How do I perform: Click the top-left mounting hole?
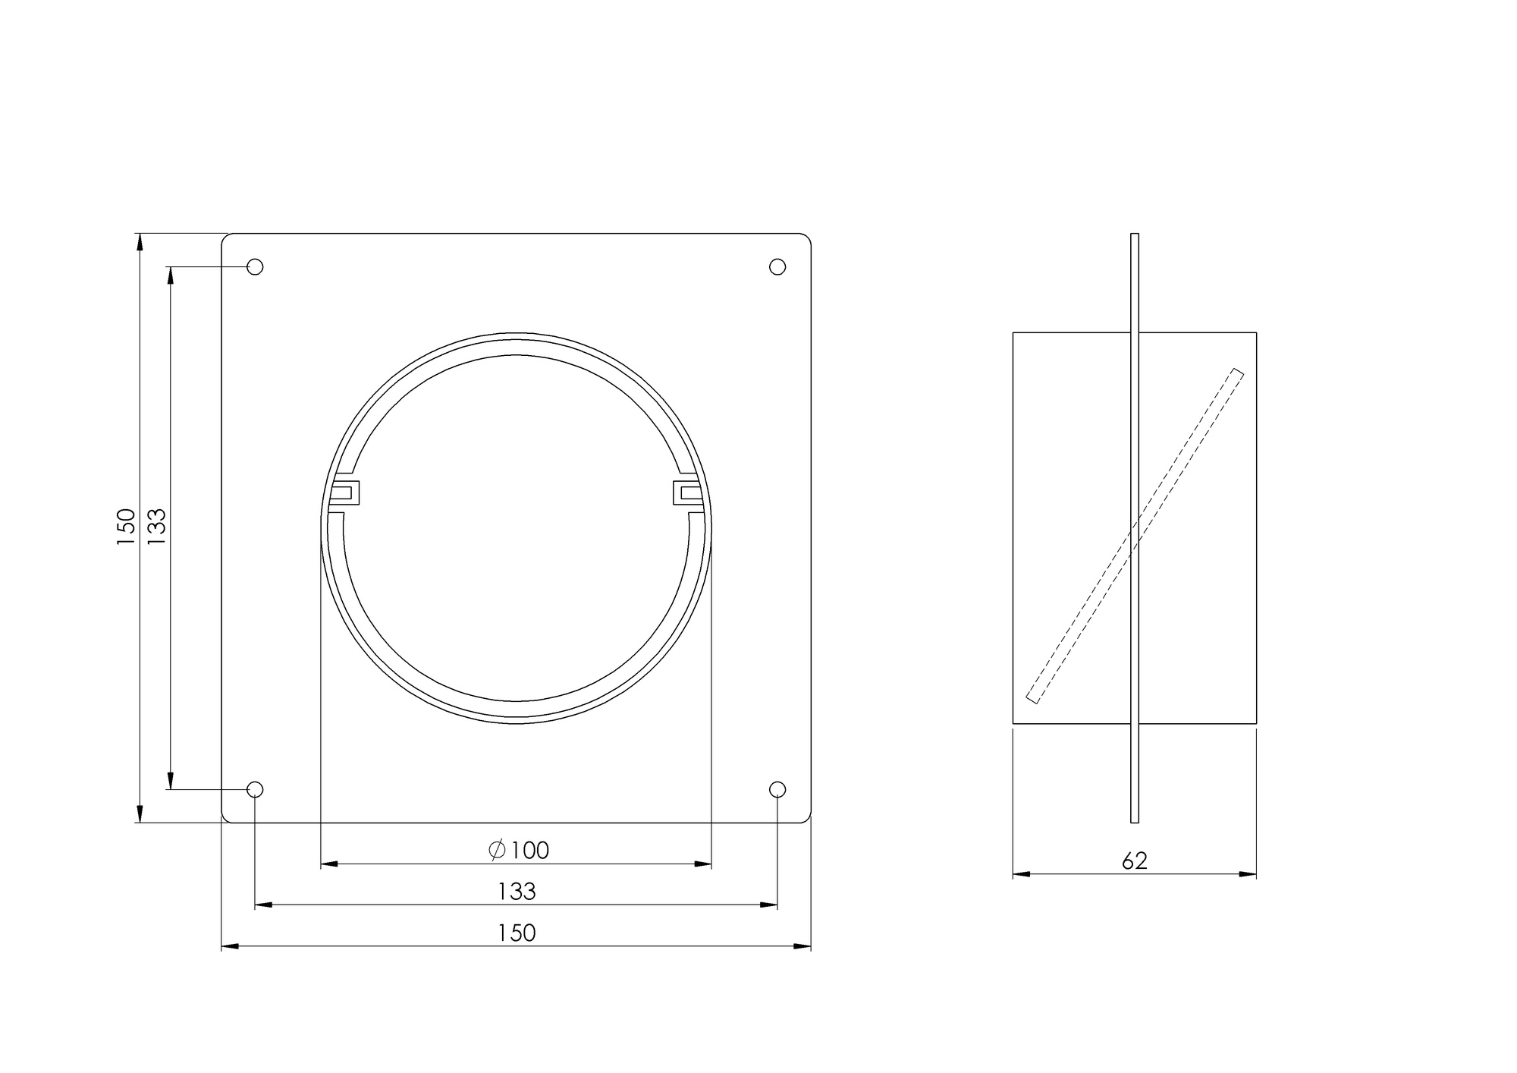point(256,266)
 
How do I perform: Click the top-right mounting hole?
point(777,266)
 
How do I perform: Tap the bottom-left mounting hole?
point(256,790)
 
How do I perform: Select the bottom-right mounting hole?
point(777,790)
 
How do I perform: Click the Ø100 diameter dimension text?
point(519,851)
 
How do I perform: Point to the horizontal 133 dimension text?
point(517,892)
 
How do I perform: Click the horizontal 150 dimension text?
point(517,933)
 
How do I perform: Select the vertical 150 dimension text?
point(126,527)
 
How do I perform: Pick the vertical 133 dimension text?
point(156,527)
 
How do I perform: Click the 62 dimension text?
point(1135,861)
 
